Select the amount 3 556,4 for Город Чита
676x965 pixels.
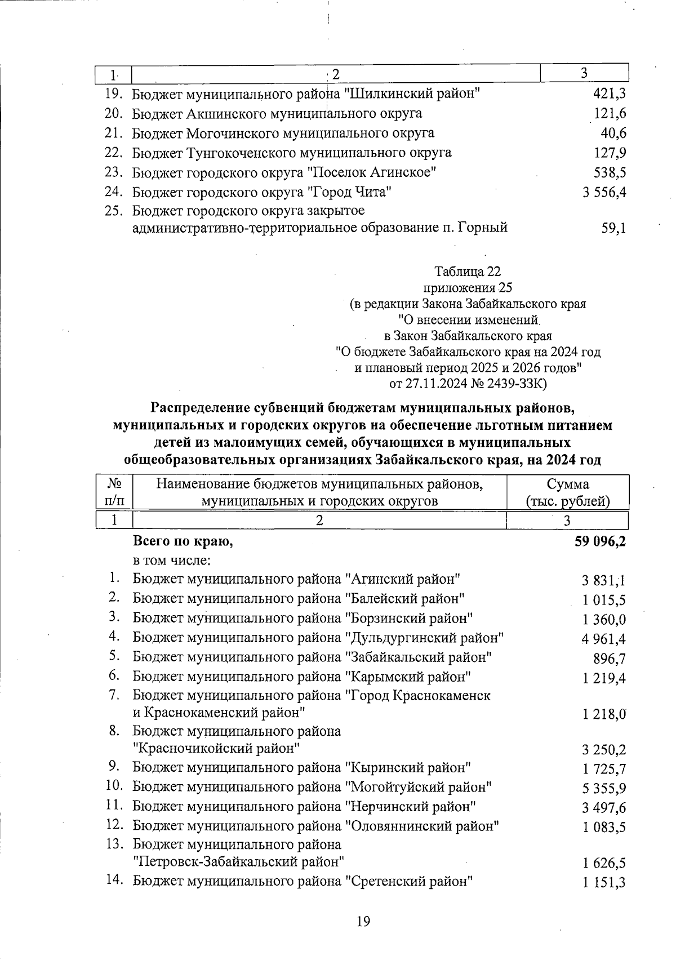604,193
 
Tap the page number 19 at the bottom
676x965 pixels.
363,922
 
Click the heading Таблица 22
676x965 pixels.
468,272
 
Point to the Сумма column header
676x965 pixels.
567,484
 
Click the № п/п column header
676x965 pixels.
114,492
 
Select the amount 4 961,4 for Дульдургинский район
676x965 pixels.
604,639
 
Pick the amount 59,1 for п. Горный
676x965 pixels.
614,229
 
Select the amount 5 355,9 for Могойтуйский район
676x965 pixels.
604,788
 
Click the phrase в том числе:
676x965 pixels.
172,561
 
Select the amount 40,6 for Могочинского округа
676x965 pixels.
614,134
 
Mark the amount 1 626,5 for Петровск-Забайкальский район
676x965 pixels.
604,863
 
